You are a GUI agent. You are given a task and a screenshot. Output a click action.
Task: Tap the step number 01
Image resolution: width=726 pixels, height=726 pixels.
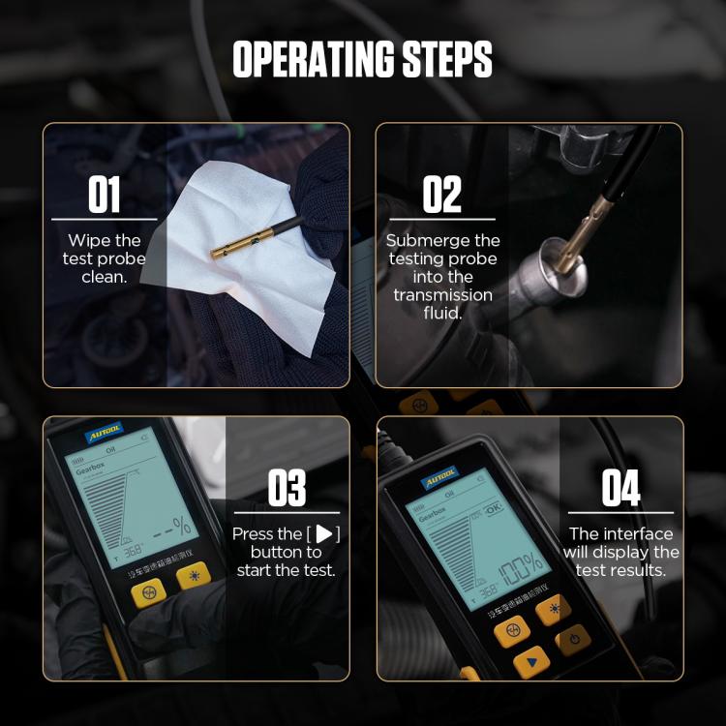(x=105, y=196)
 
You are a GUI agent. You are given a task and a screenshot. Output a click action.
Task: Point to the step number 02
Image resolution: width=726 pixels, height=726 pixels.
(x=442, y=196)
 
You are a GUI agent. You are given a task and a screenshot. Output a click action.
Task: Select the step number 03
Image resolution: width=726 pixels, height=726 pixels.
(x=287, y=488)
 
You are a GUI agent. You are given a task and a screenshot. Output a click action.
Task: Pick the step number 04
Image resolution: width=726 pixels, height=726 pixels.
(x=620, y=488)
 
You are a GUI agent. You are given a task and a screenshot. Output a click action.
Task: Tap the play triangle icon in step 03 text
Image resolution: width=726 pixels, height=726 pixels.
(x=324, y=534)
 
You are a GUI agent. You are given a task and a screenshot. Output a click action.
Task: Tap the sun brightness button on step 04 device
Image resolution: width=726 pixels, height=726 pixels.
(x=556, y=609)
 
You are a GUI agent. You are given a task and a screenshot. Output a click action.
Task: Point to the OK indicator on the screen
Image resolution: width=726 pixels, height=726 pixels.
(x=495, y=508)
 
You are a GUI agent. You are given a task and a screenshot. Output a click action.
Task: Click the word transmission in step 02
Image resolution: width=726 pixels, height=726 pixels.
(x=443, y=294)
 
